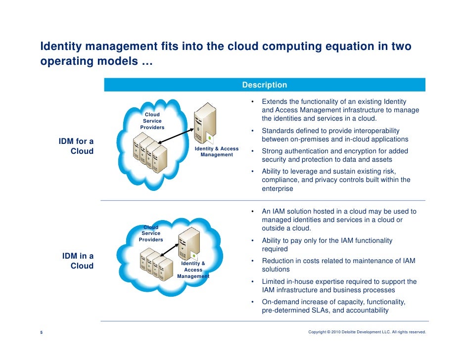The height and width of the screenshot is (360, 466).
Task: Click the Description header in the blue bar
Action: point(264,85)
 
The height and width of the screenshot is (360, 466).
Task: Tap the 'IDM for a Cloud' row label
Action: point(76,146)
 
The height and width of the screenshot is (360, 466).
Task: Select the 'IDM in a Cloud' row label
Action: point(78,261)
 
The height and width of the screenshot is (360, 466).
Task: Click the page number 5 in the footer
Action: point(41,332)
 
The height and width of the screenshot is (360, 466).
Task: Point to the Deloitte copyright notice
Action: point(367,332)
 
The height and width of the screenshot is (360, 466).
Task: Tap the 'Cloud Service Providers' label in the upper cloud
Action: point(152,121)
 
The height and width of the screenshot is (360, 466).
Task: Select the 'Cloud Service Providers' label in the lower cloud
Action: point(151,233)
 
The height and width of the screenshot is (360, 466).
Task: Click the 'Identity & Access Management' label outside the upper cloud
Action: point(217,152)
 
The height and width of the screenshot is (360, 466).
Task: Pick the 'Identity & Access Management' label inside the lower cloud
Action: point(193,270)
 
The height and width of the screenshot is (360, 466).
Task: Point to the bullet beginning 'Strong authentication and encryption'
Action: point(334,155)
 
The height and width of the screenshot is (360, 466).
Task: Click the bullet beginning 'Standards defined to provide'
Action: point(334,135)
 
